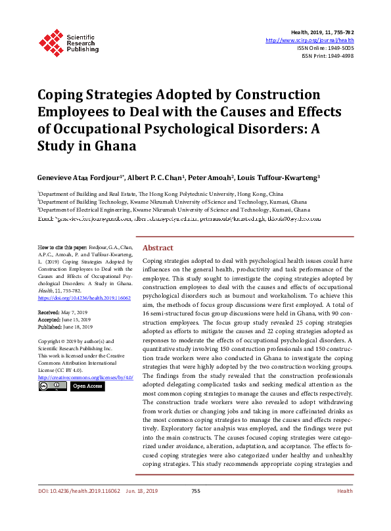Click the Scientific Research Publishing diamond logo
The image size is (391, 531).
pos(50,41)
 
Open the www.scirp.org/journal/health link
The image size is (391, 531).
pos(310,40)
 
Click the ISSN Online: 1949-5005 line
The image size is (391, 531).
pos(325,48)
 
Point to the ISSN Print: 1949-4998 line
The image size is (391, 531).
pos(327,56)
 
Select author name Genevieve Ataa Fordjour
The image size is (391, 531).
pos(80,177)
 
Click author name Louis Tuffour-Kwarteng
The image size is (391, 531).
pos(279,177)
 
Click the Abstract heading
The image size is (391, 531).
pos(158,229)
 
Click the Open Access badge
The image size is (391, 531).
pos(87,386)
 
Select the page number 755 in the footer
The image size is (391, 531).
pos(195,509)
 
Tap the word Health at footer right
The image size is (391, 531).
pos(344,509)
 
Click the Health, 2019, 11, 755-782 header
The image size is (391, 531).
pos(321,32)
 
